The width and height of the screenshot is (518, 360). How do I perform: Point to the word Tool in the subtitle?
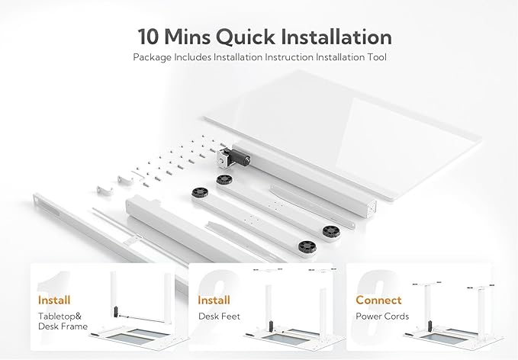(x=372, y=57)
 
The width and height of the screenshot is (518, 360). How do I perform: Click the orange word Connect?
(x=378, y=300)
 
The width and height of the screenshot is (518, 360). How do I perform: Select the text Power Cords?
(x=381, y=316)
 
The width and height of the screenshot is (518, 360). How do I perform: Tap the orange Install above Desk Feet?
(x=214, y=300)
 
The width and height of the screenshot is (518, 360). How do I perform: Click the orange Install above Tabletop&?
(x=54, y=300)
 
